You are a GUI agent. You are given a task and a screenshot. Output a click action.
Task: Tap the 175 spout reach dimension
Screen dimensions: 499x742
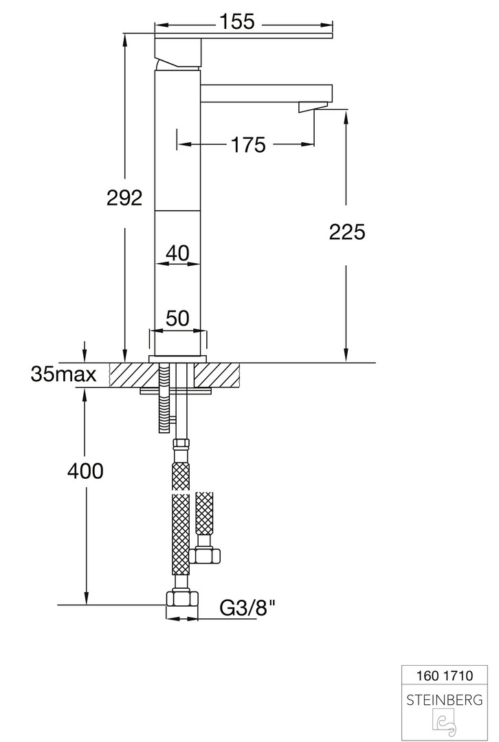click(x=249, y=145)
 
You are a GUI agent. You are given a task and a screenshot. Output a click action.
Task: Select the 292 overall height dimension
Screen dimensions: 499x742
click(x=124, y=197)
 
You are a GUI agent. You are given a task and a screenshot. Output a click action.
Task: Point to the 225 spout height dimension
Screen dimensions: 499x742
click(x=347, y=232)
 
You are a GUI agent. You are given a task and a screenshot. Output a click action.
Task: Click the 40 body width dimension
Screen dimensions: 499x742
click(x=178, y=253)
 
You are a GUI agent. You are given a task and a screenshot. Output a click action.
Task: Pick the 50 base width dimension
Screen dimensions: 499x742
click(x=177, y=318)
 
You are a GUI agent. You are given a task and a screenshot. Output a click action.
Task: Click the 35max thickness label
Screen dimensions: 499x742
click(x=63, y=374)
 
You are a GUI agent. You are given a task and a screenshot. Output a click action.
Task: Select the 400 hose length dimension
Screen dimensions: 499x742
click(x=85, y=471)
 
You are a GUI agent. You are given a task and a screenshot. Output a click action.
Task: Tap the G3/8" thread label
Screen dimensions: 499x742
click(x=247, y=607)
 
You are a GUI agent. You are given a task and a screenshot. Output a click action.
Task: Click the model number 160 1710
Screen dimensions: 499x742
click(x=445, y=675)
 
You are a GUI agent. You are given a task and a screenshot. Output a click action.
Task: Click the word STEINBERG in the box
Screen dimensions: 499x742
click(x=445, y=699)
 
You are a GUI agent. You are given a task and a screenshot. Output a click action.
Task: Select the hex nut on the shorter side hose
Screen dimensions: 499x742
click(x=205, y=555)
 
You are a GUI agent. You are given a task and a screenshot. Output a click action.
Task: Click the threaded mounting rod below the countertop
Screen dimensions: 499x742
click(x=164, y=398)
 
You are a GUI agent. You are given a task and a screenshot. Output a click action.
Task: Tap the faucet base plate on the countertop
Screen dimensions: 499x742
click(x=178, y=359)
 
